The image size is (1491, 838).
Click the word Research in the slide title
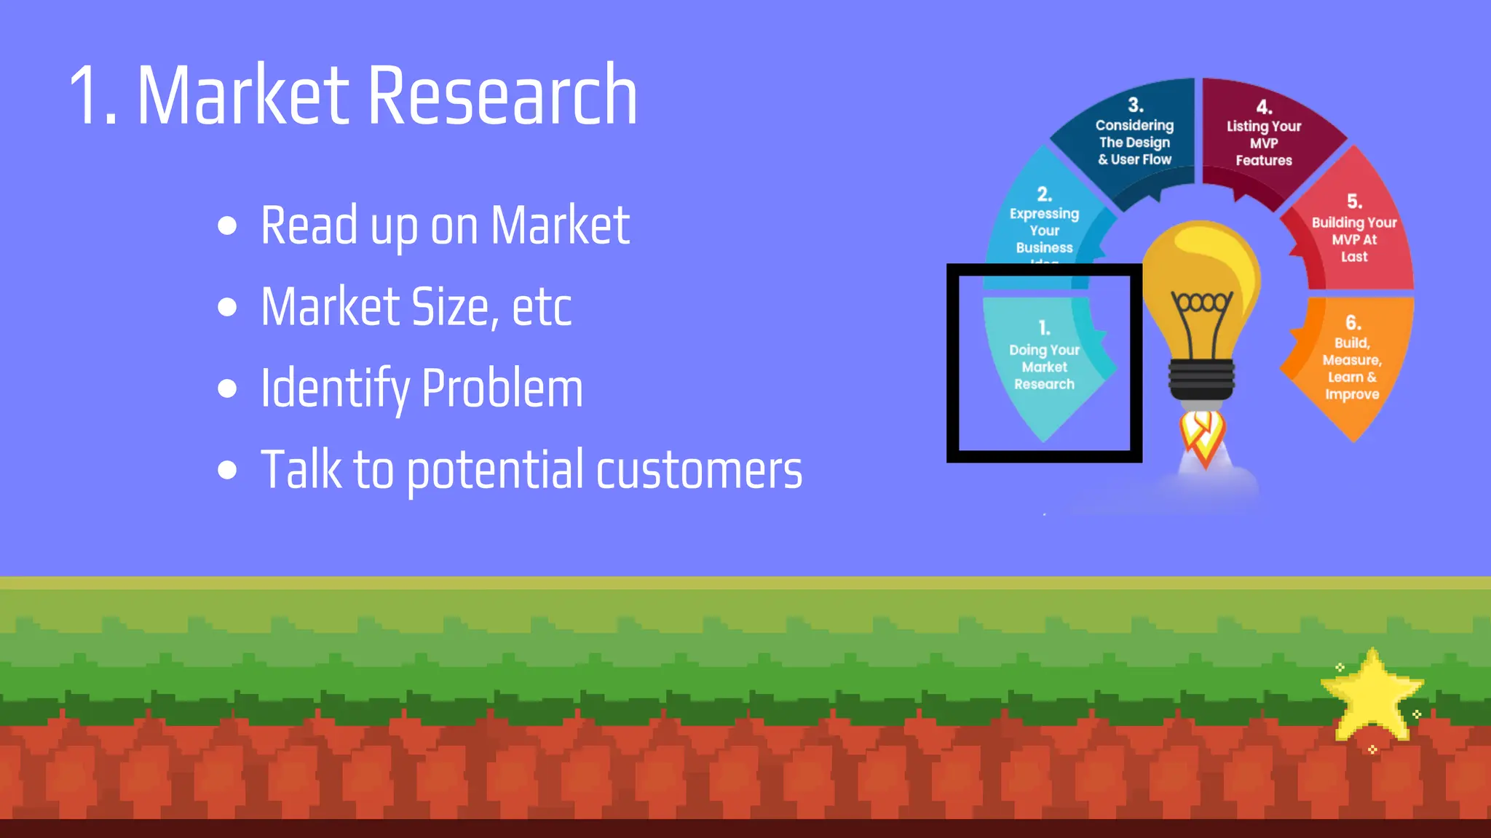tap(502, 96)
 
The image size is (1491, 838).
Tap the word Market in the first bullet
tap(559, 226)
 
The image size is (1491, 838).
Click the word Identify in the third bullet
tap(335, 388)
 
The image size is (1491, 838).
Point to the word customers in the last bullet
tap(699, 470)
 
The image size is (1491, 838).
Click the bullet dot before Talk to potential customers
tap(228, 470)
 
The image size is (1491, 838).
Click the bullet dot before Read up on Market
tap(228, 226)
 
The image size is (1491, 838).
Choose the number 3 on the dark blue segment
tap(1135, 105)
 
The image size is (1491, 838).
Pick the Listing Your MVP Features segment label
tap(1264, 143)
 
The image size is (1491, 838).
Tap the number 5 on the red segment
tap(1354, 201)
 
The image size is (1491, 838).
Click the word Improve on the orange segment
tap(1352, 394)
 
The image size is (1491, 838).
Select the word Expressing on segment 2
tap(1044, 214)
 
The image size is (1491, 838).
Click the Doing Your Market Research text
tap(1044, 367)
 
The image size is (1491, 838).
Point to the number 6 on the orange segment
tap(1353, 322)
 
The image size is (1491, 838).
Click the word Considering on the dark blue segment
tap(1134, 125)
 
